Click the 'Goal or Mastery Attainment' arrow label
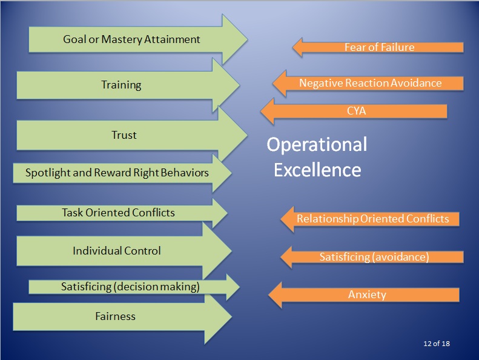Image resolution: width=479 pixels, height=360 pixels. [x=131, y=40]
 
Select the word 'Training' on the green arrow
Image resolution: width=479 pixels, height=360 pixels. [x=121, y=85]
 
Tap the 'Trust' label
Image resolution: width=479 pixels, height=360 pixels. [x=124, y=135]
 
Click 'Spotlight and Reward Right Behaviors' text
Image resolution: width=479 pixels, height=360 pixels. [x=117, y=173]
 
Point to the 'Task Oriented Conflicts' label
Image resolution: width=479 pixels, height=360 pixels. [x=118, y=213]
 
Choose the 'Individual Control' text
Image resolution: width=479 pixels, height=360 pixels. [x=117, y=250]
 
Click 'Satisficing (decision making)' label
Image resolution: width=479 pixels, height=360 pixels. [x=130, y=287]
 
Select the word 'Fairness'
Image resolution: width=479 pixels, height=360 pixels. [x=115, y=316]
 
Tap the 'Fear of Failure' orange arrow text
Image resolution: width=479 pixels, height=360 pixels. [x=379, y=47]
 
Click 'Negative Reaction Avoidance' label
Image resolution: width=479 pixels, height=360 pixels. [x=370, y=83]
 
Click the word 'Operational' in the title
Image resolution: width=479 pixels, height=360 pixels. [x=317, y=145]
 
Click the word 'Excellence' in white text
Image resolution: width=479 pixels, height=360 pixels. [x=317, y=170]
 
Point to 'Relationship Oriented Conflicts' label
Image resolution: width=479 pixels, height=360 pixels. [x=372, y=219]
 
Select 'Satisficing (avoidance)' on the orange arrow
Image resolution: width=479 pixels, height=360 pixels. [x=374, y=257]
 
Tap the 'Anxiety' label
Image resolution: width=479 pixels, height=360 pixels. [x=367, y=295]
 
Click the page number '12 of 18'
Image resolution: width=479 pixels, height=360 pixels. [x=436, y=344]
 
